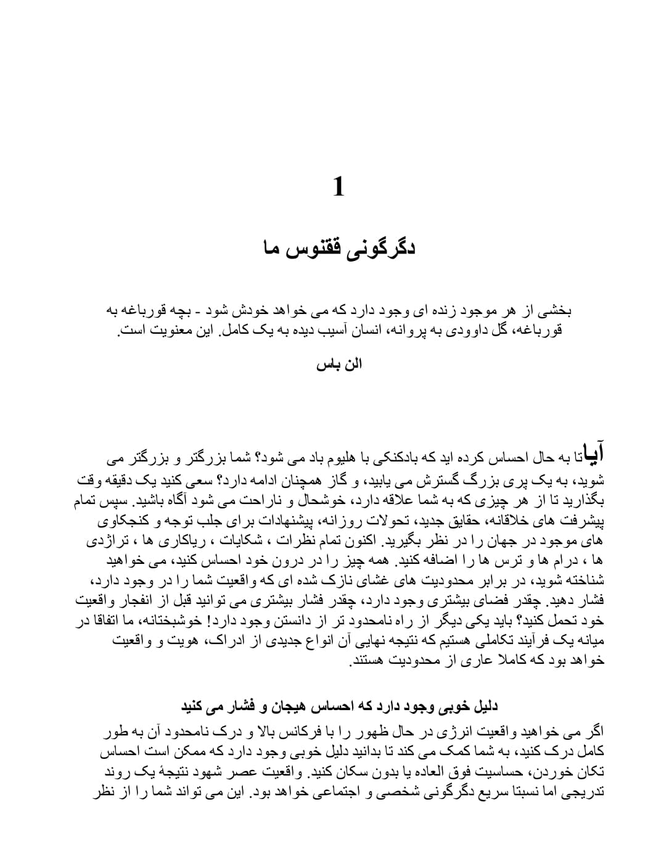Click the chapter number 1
coord(338,186)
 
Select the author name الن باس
coord(339,364)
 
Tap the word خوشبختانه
coord(159,621)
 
